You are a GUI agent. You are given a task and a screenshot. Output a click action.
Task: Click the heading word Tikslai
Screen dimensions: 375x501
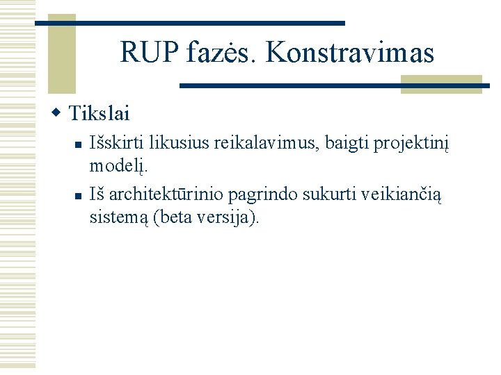(x=100, y=112)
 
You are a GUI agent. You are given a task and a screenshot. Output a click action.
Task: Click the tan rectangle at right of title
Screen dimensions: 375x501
(x=441, y=83)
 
